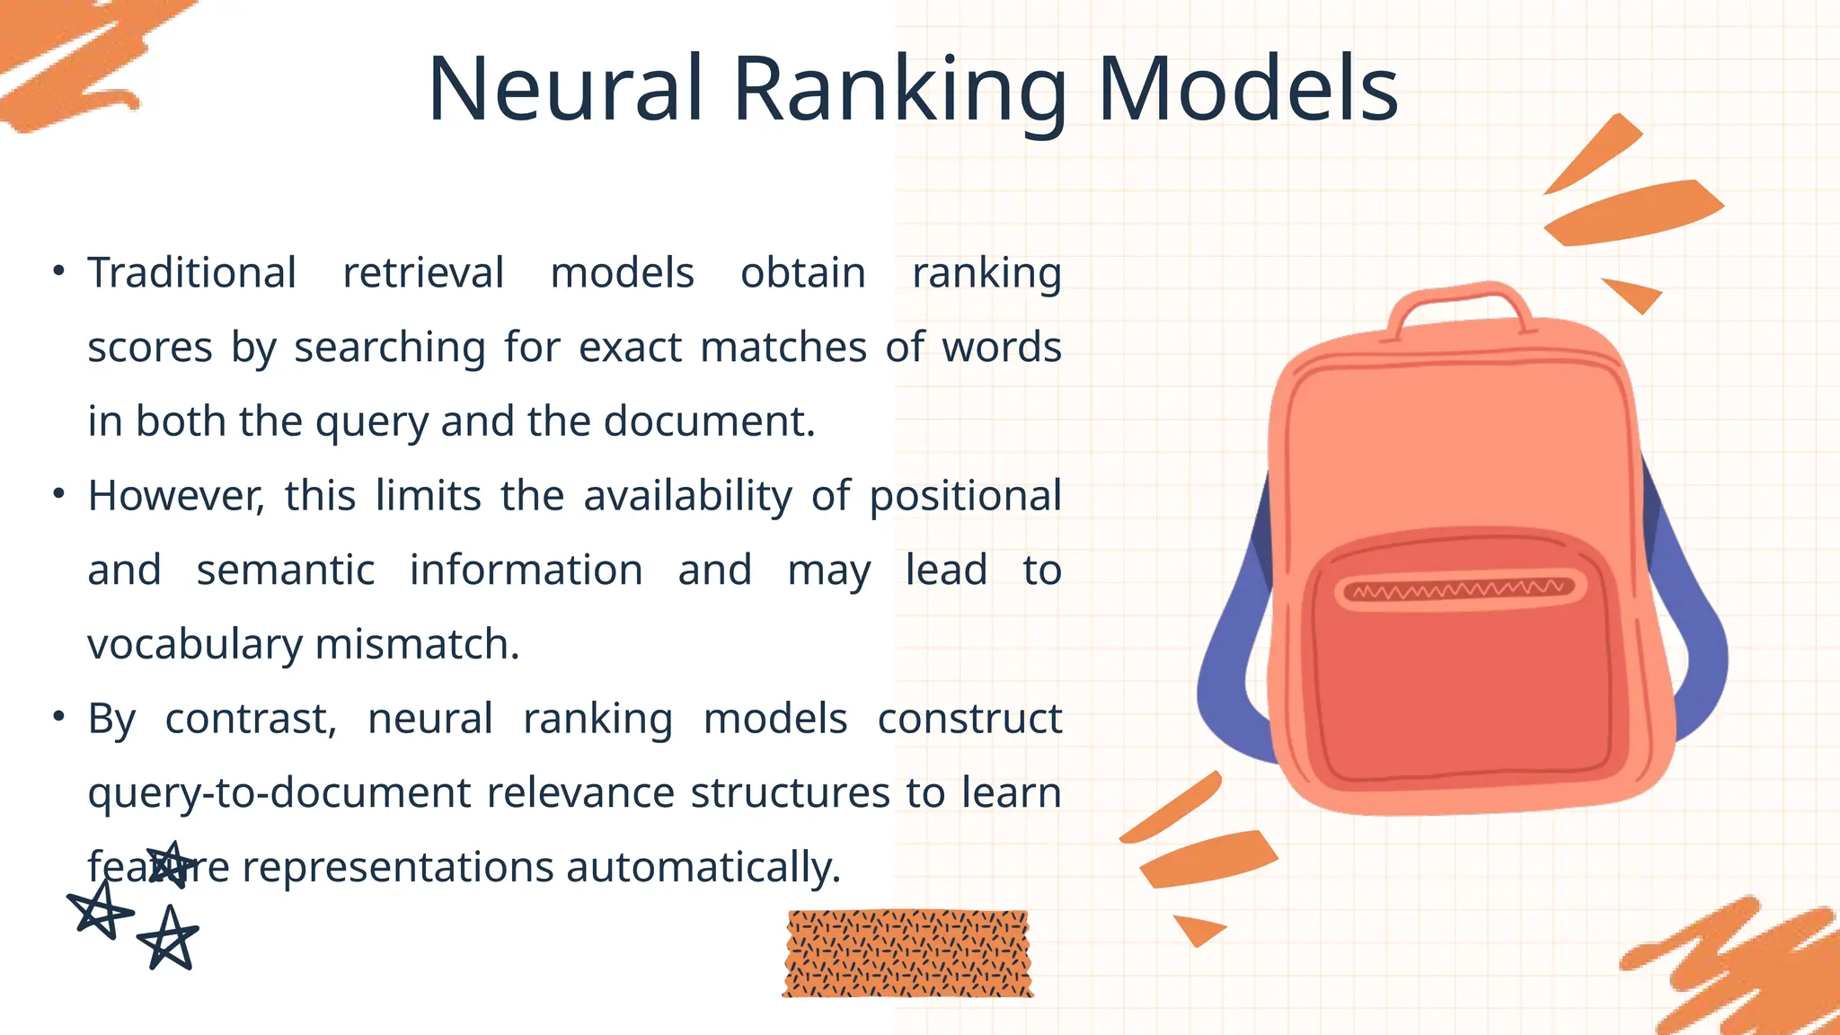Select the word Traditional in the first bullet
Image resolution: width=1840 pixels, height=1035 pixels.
coord(191,272)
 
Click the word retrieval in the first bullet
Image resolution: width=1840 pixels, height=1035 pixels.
coord(423,272)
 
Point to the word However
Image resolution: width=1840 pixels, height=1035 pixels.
coord(175,495)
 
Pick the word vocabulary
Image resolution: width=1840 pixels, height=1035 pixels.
coord(195,645)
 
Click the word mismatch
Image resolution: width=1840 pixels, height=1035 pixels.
coord(417,644)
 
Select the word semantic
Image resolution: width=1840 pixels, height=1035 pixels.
coord(286,570)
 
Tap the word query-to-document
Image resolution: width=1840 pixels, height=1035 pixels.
coord(279,793)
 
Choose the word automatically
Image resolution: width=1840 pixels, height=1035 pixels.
coord(703,867)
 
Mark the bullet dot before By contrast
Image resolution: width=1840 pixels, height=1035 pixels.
coord(58,716)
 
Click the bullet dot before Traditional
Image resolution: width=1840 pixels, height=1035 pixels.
coord(58,270)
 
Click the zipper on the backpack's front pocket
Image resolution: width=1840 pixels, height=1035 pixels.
coord(1459,590)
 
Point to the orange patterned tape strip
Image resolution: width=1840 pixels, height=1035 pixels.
coord(907,953)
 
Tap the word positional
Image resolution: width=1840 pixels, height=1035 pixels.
coord(965,496)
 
